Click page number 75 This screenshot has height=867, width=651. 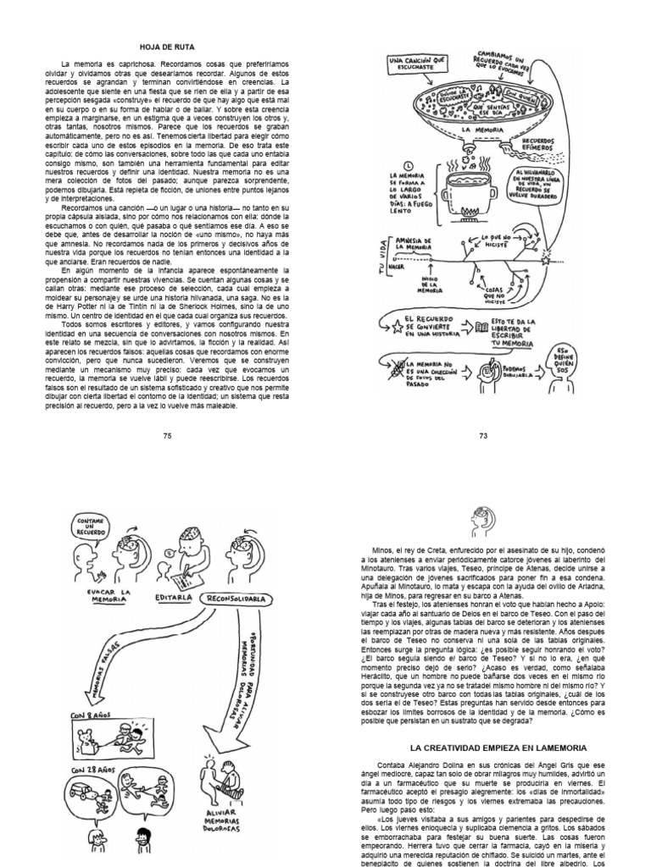pyautogui.click(x=166, y=435)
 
